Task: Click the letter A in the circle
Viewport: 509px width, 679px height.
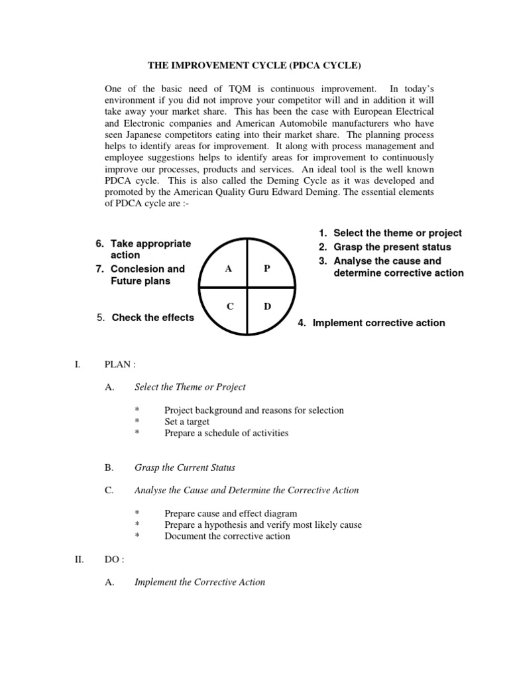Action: tap(228, 269)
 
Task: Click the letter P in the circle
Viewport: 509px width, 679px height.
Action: tap(267, 269)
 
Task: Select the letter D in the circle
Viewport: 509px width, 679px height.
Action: tap(267, 307)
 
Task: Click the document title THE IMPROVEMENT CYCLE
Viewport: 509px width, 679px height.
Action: tap(254, 66)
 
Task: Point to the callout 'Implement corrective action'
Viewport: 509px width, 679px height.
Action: tap(378, 323)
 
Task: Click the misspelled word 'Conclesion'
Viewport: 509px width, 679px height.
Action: tap(138, 269)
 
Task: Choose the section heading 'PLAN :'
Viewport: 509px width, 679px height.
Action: tap(120, 364)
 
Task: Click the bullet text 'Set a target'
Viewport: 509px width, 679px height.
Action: tap(187, 422)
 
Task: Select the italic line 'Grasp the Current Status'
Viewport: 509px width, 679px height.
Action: tap(185, 467)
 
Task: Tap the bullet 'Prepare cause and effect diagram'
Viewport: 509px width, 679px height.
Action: tap(231, 513)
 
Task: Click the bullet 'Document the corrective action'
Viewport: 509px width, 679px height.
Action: tap(227, 536)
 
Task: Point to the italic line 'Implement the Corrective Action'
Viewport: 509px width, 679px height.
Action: tap(199, 582)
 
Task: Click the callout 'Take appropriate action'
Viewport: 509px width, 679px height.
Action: tap(150, 249)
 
